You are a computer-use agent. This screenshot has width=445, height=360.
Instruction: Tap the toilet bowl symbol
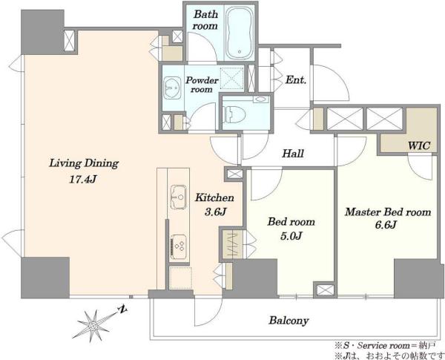(x=234, y=114)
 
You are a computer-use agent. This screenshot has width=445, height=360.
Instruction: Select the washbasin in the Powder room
(x=172, y=88)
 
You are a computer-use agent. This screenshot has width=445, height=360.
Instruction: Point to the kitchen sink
(x=179, y=197)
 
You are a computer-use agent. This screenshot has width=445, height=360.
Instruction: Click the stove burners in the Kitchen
(x=179, y=246)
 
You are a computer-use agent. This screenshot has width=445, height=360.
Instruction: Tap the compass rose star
(x=93, y=326)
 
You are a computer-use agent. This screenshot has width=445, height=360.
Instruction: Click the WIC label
(x=419, y=145)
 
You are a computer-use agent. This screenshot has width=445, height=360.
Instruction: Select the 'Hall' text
(x=293, y=154)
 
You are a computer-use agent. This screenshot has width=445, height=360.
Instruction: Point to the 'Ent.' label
(x=296, y=80)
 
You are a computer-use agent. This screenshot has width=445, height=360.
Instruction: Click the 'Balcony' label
(x=289, y=321)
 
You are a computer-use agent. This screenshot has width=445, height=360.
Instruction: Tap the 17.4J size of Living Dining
(x=83, y=180)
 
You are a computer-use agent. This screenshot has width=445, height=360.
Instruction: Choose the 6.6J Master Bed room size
(x=386, y=225)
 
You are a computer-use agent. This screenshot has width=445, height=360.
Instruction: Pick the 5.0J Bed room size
(x=291, y=235)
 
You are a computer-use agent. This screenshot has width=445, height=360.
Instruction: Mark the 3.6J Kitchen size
(x=215, y=212)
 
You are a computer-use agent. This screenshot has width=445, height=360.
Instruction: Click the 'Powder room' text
(x=202, y=85)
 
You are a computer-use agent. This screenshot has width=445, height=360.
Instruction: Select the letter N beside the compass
(x=123, y=309)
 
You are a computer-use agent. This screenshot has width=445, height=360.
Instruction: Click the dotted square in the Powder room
(x=232, y=77)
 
